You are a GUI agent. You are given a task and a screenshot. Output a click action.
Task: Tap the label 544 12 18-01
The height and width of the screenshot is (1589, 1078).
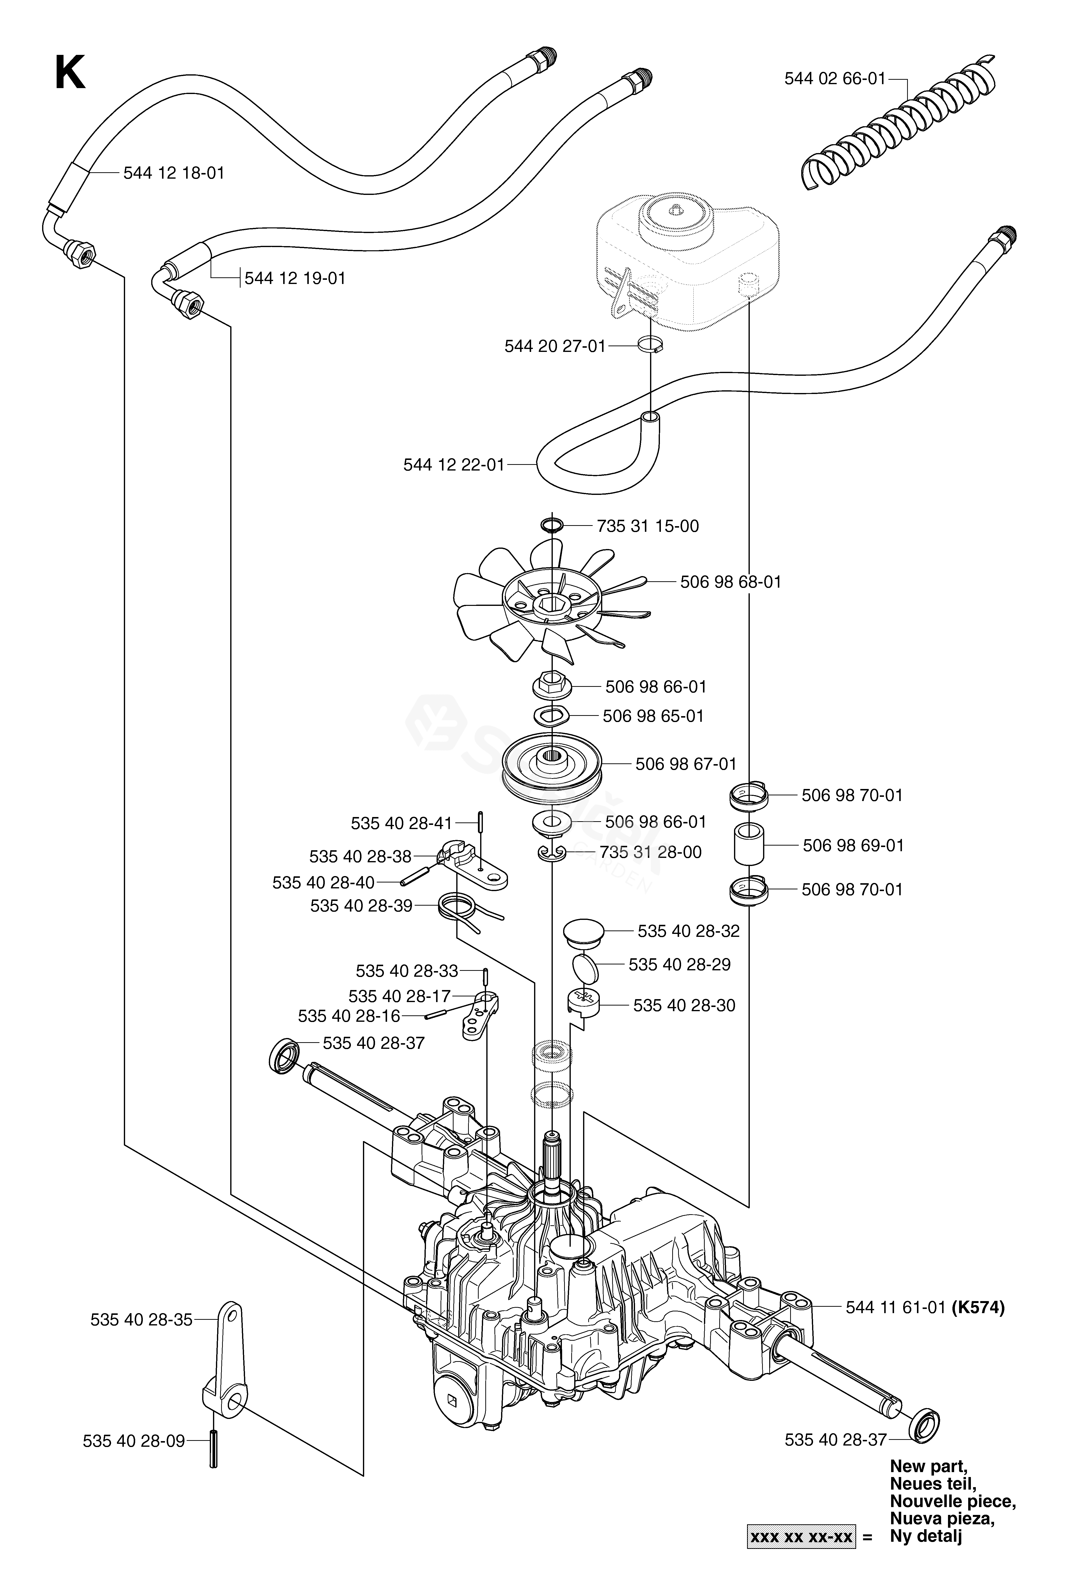(174, 173)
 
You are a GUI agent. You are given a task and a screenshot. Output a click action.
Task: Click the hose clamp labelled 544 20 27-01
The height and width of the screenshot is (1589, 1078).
(651, 345)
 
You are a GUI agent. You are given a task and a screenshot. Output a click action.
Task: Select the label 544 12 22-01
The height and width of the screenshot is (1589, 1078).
(454, 465)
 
